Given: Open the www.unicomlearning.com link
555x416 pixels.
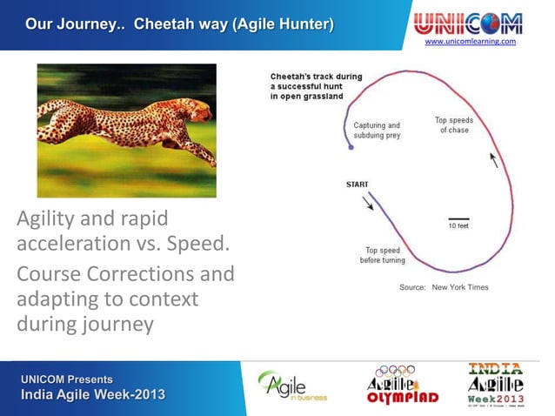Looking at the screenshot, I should pyautogui.click(x=470, y=42).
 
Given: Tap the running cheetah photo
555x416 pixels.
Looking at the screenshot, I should pyautogui.click(x=126, y=130).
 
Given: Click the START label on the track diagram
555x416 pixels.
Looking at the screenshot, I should pyautogui.click(x=357, y=185).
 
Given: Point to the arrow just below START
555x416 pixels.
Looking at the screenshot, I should pyautogui.click(x=368, y=202).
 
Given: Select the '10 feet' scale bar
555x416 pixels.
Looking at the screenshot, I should pyautogui.click(x=458, y=219).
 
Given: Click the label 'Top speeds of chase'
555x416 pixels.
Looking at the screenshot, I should pyautogui.click(x=453, y=124).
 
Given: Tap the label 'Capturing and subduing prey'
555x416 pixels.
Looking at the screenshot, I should pyautogui.click(x=377, y=131).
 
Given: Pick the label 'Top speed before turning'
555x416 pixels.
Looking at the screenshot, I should pyautogui.click(x=383, y=255).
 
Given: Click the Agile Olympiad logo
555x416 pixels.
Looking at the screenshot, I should pyautogui.click(x=402, y=385).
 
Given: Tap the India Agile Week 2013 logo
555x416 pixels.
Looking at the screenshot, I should pyautogui.click(x=496, y=385).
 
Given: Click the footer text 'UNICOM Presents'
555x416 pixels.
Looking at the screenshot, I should pyautogui.click(x=67, y=379).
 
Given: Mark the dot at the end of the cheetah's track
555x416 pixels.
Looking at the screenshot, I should pyautogui.click(x=351, y=148).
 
